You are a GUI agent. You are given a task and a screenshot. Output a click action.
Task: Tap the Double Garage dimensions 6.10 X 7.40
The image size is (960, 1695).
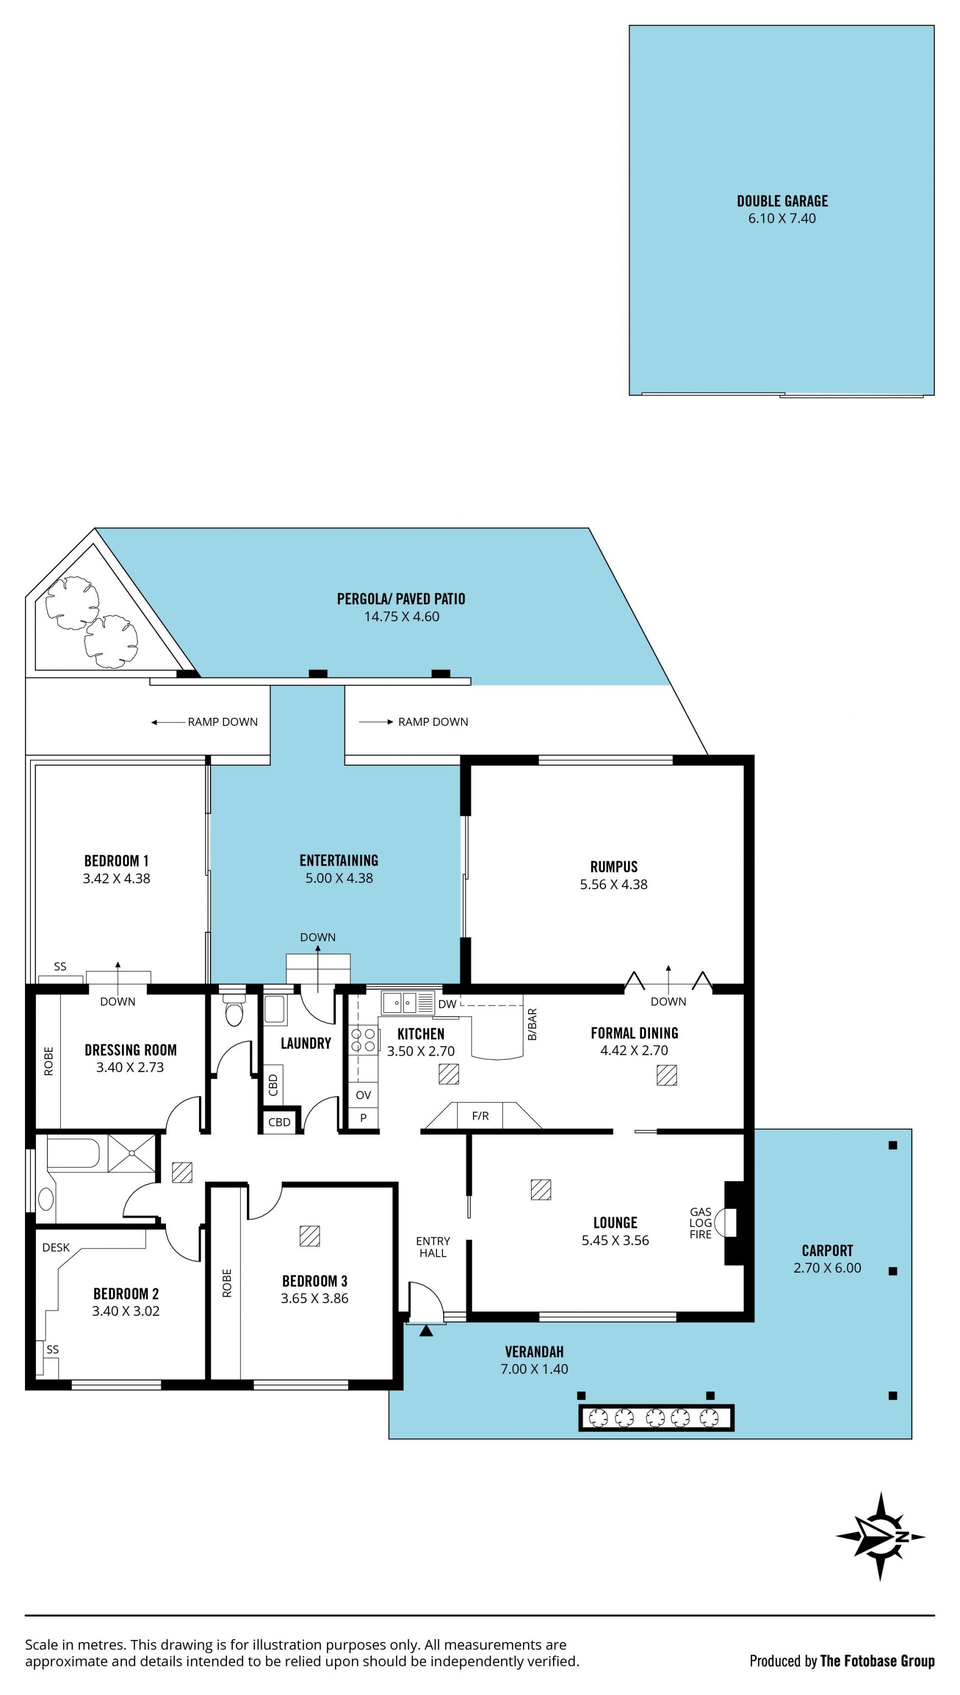[781, 218]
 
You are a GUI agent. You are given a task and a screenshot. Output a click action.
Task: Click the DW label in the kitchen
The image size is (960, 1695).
[447, 1004]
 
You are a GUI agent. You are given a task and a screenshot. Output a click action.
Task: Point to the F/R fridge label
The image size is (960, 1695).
[480, 1116]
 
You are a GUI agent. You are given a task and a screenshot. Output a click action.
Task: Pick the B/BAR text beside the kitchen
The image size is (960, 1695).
[532, 1024]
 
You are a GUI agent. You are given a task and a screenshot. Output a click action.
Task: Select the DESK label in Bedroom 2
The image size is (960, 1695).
[56, 1248]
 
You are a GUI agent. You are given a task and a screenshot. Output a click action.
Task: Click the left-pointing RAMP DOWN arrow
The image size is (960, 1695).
[168, 722]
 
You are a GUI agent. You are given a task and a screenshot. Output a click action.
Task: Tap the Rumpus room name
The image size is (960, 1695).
[614, 867]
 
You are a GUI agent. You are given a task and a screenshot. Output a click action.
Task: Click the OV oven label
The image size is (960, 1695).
[363, 1095]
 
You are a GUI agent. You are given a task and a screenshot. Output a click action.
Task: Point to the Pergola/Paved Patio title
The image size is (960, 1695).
[401, 599]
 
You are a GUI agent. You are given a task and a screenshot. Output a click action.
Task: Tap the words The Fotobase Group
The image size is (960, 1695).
[877, 1662]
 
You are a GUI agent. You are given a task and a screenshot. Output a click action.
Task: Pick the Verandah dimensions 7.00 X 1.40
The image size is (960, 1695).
[534, 1369]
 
